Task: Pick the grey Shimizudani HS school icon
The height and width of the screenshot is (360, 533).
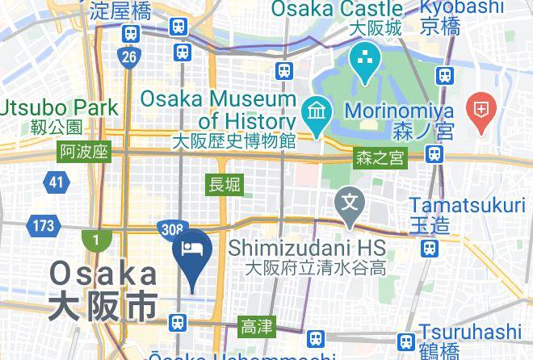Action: click(x=350, y=199)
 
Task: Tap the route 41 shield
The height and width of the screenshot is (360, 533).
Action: click(x=55, y=182)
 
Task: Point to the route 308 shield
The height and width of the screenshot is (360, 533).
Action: click(x=170, y=231)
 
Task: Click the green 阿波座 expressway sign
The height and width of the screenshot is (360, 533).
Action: click(x=83, y=152)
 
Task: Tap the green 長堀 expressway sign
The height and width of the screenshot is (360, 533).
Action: click(x=225, y=184)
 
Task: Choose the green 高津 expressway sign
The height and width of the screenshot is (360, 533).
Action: click(x=257, y=327)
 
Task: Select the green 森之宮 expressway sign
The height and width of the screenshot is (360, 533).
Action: click(x=379, y=158)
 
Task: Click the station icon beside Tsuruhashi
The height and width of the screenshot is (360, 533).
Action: click(x=407, y=341)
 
